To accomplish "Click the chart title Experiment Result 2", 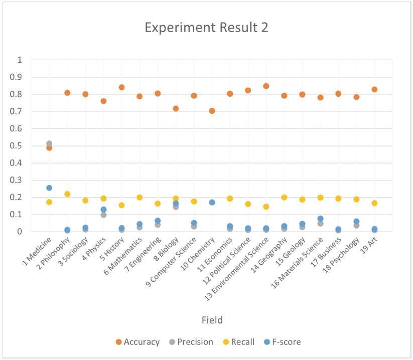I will pyautogui.click(x=206, y=28).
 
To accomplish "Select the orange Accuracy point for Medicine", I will pyautogui.click(x=49, y=148).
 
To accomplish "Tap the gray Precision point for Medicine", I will pyautogui.click(x=49, y=143).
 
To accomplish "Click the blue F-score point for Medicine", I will pyautogui.click(x=49, y=188).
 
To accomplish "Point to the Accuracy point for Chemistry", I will pyautogui.click(x=212, y=111).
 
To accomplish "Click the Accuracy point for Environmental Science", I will pyautogui.click(x=266, y=86).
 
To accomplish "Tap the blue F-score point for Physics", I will pyautogui.click(x=103, y=210).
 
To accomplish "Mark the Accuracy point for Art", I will pyautogui.click(x=374, y=89).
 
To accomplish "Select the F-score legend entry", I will pyautogui.click(x=282, y=342).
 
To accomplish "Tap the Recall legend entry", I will pyautogui.click(x=239, y=342).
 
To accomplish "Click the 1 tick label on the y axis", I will pyautogui.click(x=34, y=60).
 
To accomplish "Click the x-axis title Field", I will pyautogui.click(x=212, y=320).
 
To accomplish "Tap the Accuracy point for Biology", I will pyautogui.click(x=176, y=109).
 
